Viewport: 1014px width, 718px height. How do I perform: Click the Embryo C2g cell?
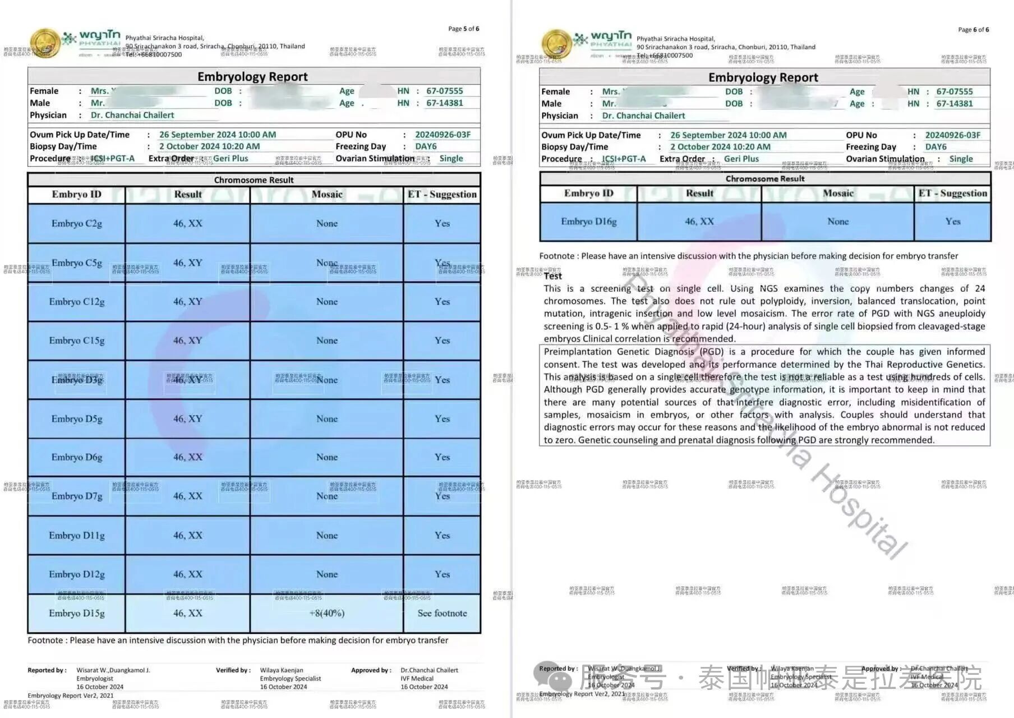77,223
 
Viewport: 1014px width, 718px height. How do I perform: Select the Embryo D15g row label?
77,613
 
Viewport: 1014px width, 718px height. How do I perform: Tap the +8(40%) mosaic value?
326,613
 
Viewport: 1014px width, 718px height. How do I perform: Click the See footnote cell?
442,613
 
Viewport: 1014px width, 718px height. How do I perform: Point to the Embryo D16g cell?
588,222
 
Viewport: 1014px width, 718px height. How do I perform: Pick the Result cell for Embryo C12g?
187,301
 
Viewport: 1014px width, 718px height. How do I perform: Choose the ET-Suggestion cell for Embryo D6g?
442,457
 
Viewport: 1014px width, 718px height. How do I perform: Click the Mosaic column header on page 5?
326,194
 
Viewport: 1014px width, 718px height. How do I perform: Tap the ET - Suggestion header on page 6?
952,193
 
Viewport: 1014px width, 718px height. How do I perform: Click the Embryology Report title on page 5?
252,76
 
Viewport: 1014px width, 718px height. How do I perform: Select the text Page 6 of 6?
973,29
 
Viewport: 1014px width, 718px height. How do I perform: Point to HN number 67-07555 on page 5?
445,91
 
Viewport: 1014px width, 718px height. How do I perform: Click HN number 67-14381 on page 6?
955,103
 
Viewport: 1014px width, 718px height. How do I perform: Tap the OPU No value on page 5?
443,135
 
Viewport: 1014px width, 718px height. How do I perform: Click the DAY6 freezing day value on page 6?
935,147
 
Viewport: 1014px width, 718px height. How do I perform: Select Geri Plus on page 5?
231,158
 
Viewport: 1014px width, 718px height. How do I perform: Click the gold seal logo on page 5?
45,44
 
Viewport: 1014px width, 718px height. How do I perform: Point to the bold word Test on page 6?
552,276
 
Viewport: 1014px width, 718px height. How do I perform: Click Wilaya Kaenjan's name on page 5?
282,670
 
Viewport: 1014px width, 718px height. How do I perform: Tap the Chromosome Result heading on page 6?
765,178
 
